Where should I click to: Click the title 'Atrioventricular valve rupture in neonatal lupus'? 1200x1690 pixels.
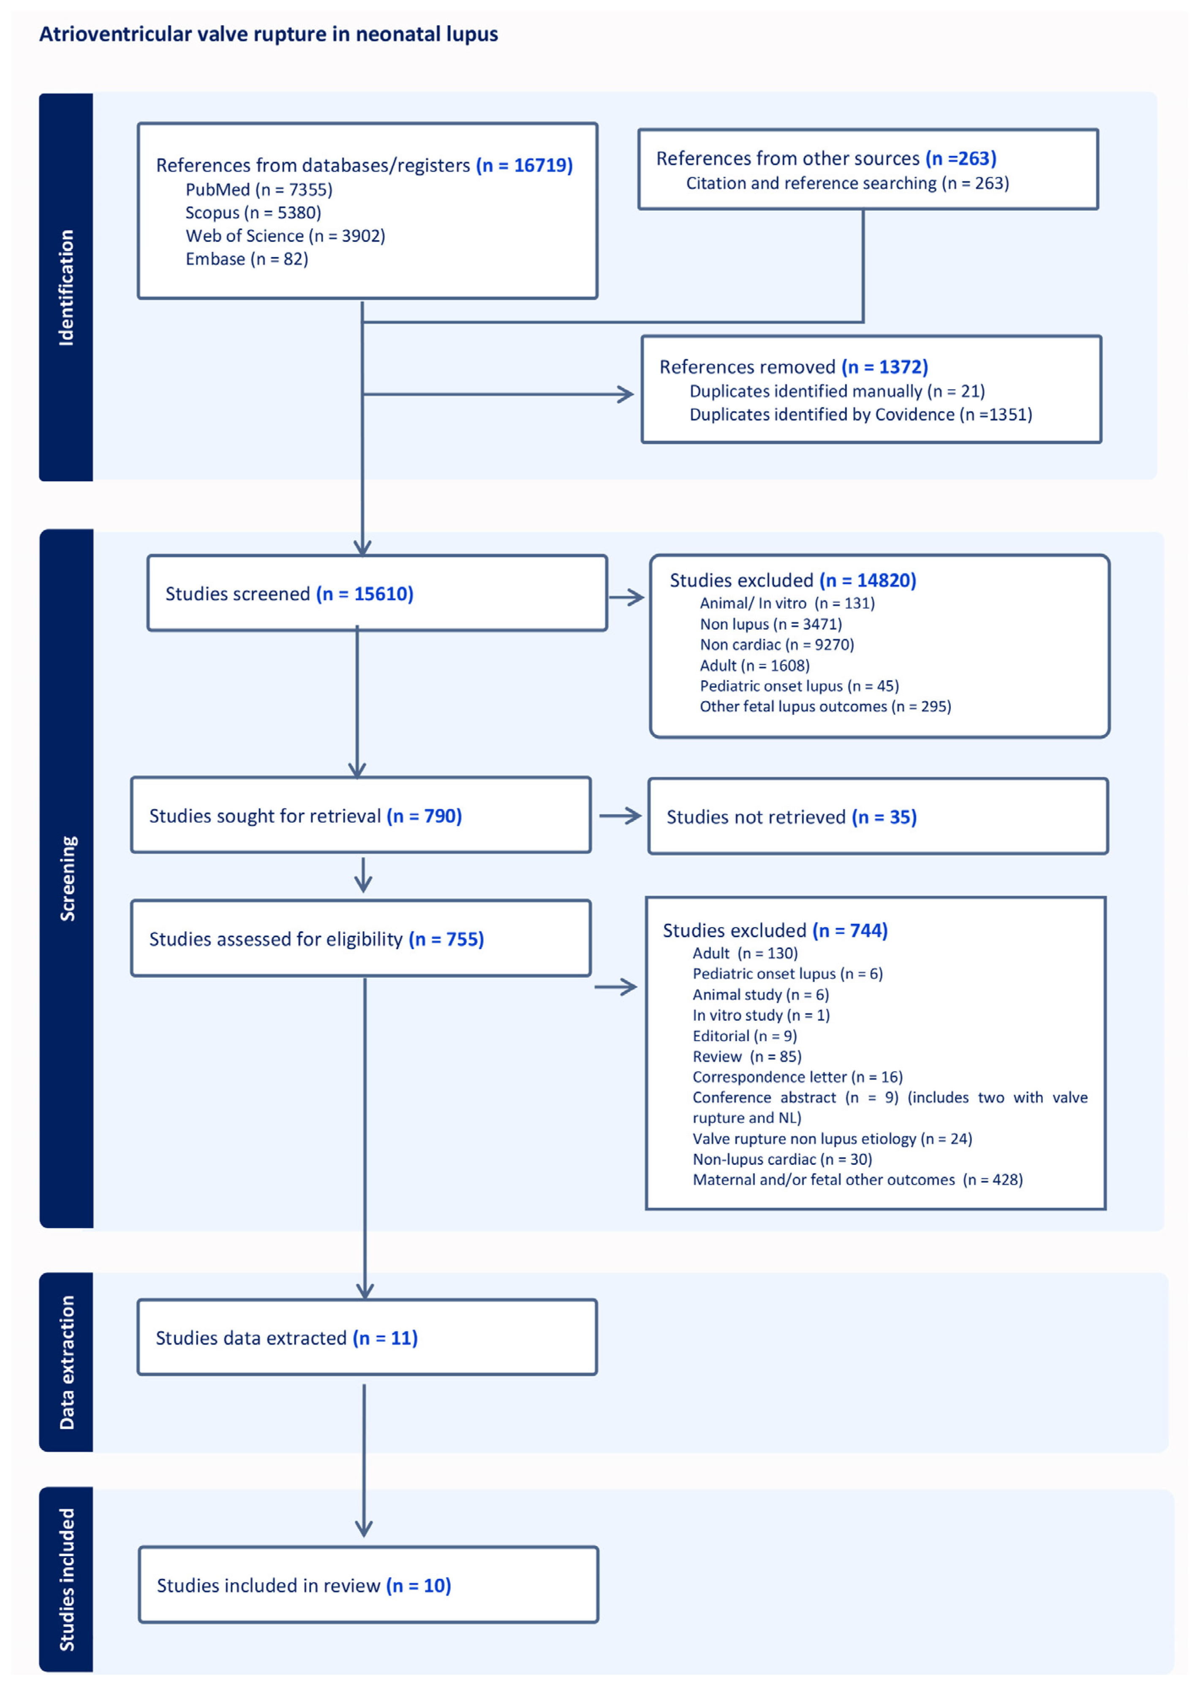[x=268, y=34]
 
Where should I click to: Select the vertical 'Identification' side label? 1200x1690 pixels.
[x=66, y=288]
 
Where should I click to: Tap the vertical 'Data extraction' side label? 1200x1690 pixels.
[x=66, y=1363]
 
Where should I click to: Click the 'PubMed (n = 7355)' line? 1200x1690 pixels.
[x=259, y=190]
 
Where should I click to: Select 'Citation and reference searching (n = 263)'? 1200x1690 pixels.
[x=847, y=183]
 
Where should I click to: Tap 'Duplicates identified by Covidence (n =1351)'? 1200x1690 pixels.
[x=860, y=415]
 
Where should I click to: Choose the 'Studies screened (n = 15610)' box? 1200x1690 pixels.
[x=377, y=593]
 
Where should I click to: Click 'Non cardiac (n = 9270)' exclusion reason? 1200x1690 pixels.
[x=777, y=645]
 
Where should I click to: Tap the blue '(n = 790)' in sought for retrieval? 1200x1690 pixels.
[x=424, y=816]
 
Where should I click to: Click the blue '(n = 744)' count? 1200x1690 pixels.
[x=850, y=930]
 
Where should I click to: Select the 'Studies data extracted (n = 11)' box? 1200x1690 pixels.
[x=367, y=1337]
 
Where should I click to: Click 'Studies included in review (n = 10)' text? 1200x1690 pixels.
[x=304, y=1585]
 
